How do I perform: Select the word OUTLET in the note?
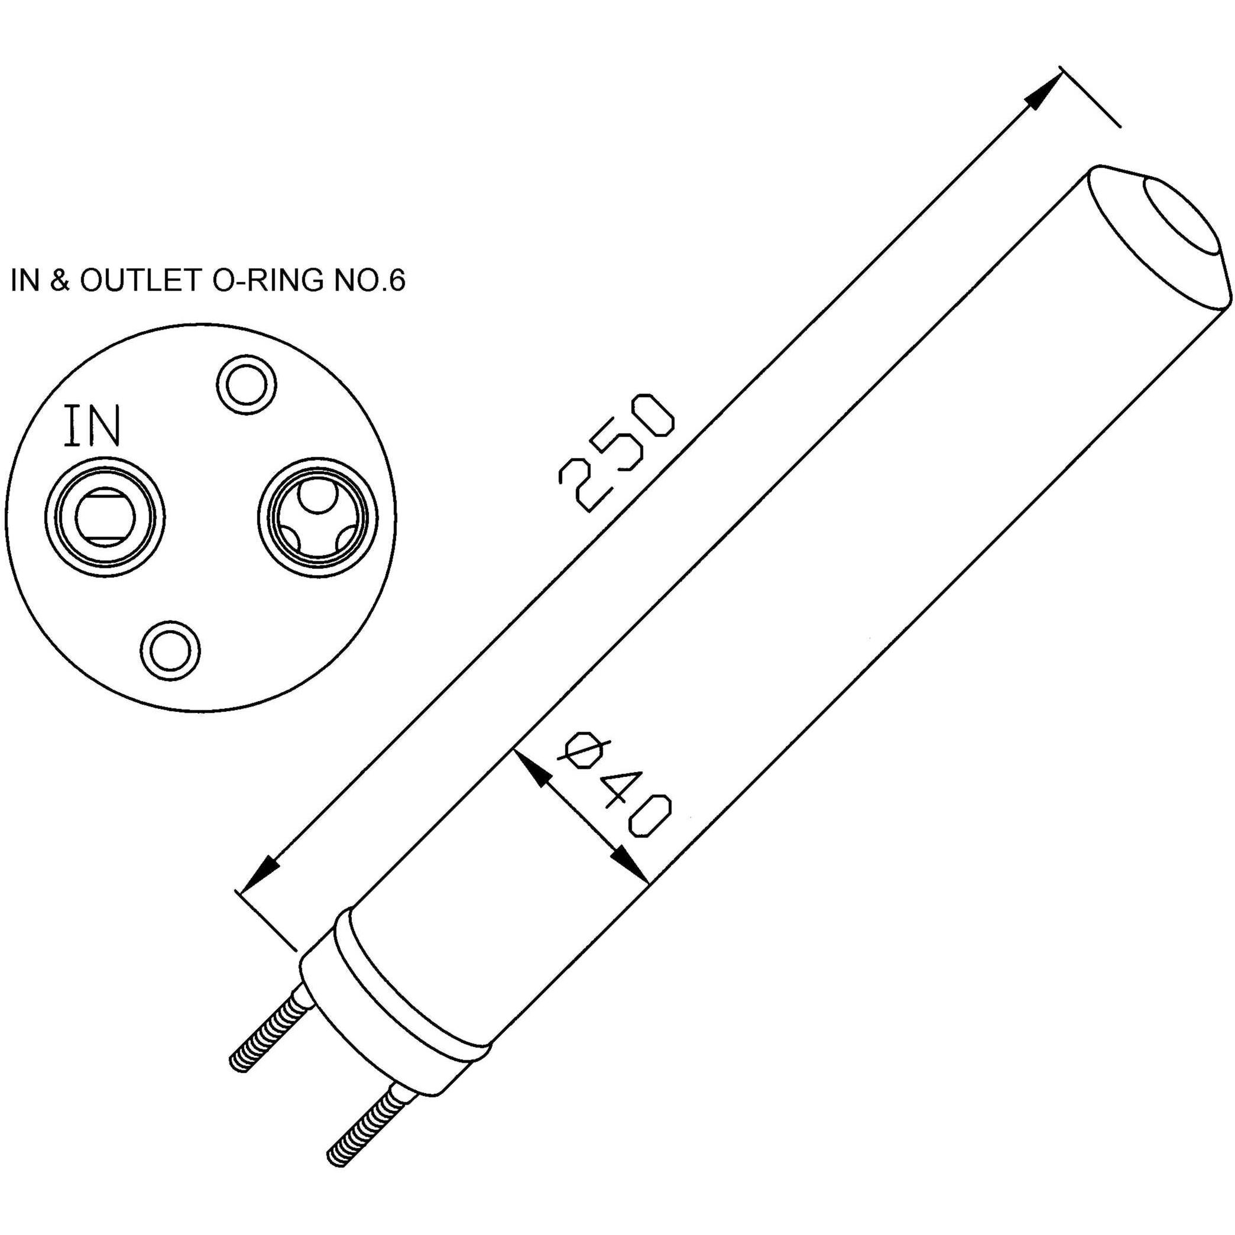click(140, 281)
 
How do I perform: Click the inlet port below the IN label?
click(105, 517)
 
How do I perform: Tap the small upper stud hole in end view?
click(247, 385)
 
